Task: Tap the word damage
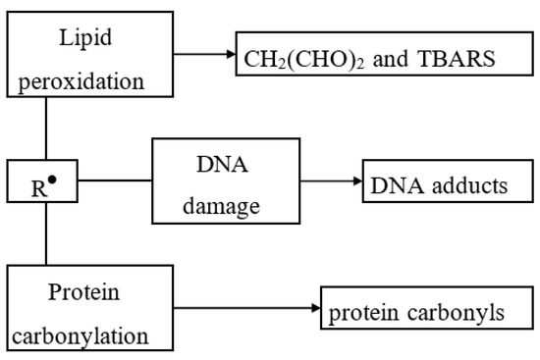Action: [225, 207]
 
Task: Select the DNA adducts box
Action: [439, 184]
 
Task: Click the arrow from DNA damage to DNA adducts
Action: [330, 182]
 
